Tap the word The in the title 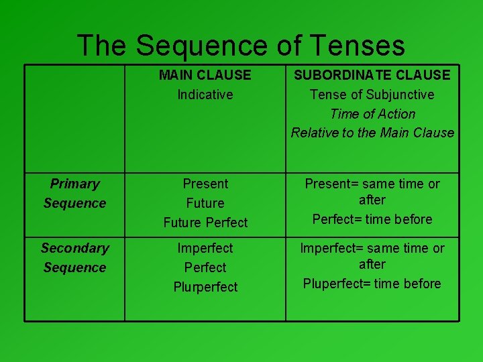tap(102, 46)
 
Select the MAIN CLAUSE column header tap(205, 75)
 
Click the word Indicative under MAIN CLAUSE tap(205, 95)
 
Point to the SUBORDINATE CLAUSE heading tap(372, 75)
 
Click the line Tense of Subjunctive tap(372, 95)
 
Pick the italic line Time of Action tap(372, 114)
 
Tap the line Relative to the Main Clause tap(372, 133)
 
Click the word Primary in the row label tap(74, 184)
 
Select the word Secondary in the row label tap(74, 248)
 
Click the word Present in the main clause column tap(205, 184)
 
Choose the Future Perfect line tap(205, 223)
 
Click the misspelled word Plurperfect tap(205, 287)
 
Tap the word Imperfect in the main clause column tap(205, 248)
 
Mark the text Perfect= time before tap(372, 219)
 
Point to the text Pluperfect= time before tap(372, 284)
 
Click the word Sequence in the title tap(210, 46)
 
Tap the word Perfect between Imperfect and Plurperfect tap(205, 267)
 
